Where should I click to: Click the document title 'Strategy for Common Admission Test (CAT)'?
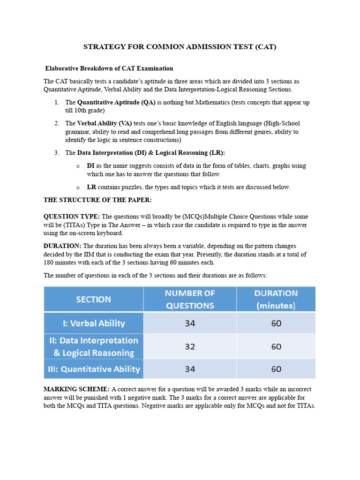tap(180, 47)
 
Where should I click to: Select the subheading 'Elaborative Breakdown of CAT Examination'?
tap(109, 68)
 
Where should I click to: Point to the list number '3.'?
tap(56, 153)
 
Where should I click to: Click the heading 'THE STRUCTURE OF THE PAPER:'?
tap(97, 200)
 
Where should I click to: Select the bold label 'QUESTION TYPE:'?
tap(72, 217)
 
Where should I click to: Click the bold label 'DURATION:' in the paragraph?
tap(62, 246)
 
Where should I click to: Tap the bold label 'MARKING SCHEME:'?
tap(76, 389)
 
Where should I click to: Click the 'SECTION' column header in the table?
tap(93, 299)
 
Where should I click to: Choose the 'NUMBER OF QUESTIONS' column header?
tap(190, 299)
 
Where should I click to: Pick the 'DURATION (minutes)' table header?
tap(276, 299)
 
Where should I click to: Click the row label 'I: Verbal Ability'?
tap(93, 323)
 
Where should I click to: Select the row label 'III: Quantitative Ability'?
tap(93, 369)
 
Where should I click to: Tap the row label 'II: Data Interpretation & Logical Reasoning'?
tap(93, 346)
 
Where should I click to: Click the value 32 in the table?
tap(190, 346)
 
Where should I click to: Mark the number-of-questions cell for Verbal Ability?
tap(190, 323)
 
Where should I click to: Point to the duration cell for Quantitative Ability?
tap(276, 369)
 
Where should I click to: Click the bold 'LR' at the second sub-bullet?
tap(91, 187)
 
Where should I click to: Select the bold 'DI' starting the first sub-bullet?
tap(91, 166)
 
